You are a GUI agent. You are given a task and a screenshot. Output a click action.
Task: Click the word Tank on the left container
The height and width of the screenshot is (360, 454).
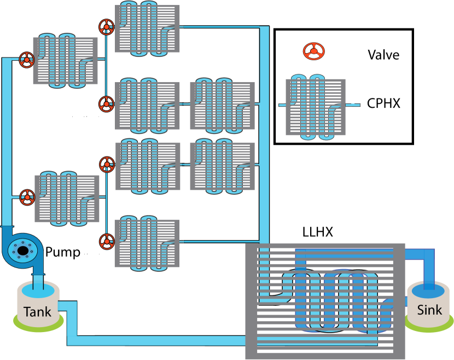tap(37, 312)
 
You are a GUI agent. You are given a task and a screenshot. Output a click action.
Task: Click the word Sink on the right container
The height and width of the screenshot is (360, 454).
tap(429, 310)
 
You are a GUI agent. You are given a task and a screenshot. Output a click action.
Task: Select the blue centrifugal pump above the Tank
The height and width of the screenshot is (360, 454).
tap(22, 251)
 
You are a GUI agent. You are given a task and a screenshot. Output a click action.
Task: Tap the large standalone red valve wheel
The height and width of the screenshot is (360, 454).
tap(313, 51)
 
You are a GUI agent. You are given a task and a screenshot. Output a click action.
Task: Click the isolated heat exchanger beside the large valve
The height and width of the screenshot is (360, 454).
tap(316, 107)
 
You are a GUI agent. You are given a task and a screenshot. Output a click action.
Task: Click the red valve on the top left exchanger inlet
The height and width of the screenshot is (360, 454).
tap(27, 60)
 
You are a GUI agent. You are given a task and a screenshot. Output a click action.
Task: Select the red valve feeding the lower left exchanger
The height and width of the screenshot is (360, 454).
tap(27, 197)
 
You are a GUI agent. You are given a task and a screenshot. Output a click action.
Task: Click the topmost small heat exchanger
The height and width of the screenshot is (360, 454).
tap(147, 28)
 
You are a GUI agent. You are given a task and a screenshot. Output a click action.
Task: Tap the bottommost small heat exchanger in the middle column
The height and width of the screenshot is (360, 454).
tap(147, 243)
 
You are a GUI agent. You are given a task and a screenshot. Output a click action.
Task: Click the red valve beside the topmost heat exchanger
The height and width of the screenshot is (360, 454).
tap(106, 27)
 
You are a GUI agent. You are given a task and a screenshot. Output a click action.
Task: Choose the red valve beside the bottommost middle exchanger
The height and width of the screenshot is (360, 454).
tap(107, 241)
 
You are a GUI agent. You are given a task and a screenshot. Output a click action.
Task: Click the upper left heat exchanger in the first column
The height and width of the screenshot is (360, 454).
tap(65, 61)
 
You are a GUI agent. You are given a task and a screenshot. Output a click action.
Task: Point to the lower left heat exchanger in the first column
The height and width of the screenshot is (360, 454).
tap(67, 199)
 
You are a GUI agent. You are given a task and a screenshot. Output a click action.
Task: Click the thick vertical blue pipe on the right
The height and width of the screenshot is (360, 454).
tap(264, 137)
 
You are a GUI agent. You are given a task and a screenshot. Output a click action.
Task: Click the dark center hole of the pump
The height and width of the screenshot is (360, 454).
tap(22, 251)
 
